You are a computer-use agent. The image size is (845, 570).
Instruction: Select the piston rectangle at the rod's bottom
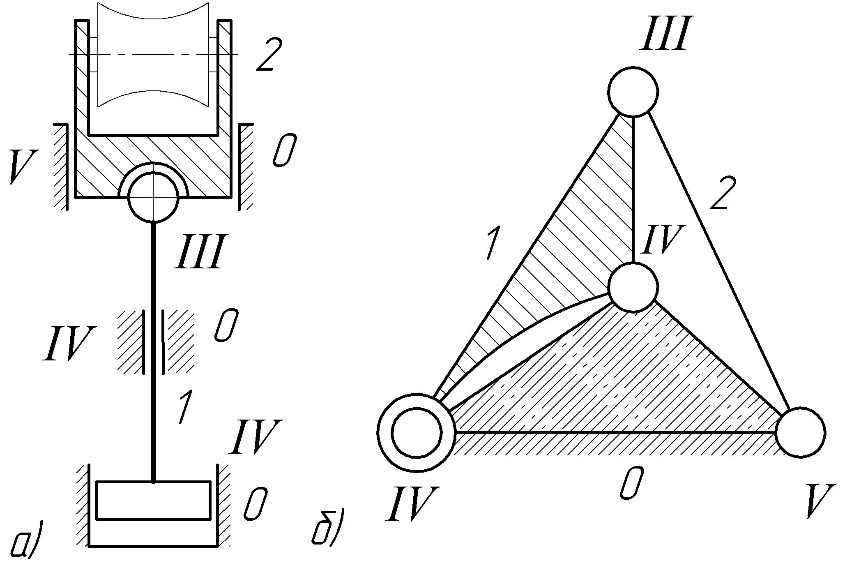pyautogui.click(x=153, y=500)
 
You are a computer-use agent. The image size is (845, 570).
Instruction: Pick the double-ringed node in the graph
pyautogui.click(x=417, y=432)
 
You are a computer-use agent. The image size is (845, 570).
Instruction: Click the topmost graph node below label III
pyautogui.click(x=633, y=91)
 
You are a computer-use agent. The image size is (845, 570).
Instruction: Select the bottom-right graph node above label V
pyautogui.click(x=800, y=432)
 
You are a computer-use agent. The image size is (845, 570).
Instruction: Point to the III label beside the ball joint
pyautogui.click(x=200, y=252)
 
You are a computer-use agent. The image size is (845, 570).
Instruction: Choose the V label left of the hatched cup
pyautogui.click(x=23, y=166)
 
